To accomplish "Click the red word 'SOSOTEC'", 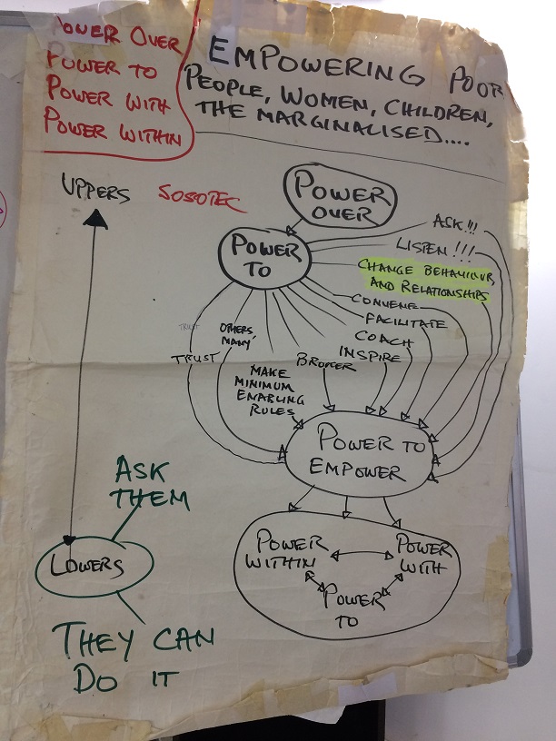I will tap(194, 195).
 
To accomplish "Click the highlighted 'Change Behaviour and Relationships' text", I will tap(424, 280).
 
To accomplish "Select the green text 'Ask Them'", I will tap(152, 484).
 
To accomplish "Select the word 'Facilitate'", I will tap(403, 321).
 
